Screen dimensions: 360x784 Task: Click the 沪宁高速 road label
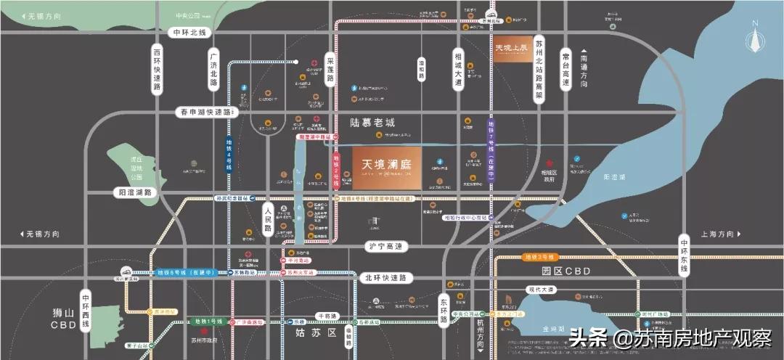click(x=385, y=247)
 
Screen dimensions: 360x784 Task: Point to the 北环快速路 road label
click(x=385, y=277)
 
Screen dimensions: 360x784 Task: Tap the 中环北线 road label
click(x=189, y=33)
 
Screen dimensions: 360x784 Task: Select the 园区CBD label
click(x=566, y=271)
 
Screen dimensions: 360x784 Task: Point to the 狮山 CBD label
click(x=64, y=319)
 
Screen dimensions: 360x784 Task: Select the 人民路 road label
click(x=267, y=218)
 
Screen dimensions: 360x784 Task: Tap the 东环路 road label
click(x=445, y=308)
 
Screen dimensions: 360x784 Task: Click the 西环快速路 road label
click(x=157, y=70)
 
